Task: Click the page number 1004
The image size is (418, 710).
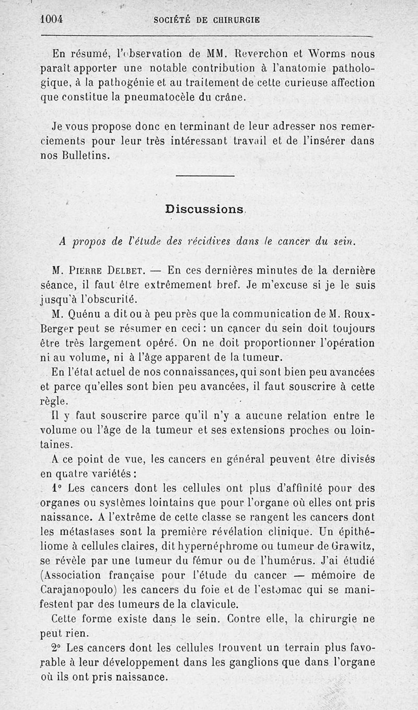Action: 52,19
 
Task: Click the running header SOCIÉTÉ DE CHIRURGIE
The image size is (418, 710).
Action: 207,20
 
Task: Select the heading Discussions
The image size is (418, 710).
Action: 204,209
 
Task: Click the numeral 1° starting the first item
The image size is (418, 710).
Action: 57,489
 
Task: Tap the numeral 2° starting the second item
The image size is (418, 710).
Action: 57,648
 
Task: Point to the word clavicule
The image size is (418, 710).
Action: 212,604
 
